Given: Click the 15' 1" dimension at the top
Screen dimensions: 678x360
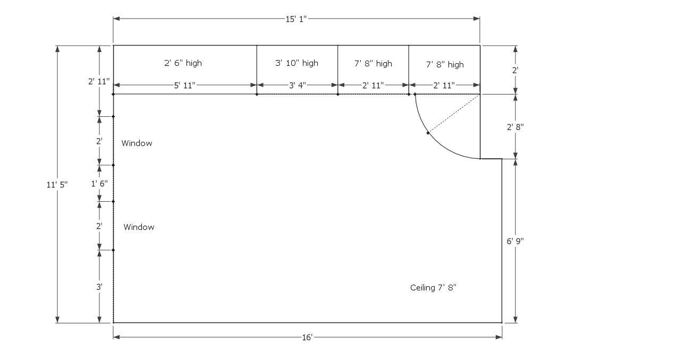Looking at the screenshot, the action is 296,19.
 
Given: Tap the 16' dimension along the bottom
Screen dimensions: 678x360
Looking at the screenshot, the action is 307,337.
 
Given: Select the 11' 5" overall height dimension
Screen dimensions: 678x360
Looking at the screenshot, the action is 57,185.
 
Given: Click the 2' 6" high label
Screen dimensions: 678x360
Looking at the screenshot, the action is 183,63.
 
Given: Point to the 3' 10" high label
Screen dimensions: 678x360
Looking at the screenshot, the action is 296,63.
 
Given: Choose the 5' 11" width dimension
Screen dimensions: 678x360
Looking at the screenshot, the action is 184,85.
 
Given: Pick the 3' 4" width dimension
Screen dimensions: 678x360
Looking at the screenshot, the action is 297,85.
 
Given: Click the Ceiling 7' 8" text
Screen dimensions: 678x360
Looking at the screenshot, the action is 433,287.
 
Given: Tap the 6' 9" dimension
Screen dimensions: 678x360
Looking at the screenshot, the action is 515,241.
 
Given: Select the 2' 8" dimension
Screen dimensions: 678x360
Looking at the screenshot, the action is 515,127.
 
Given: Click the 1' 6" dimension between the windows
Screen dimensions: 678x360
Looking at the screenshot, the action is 99,184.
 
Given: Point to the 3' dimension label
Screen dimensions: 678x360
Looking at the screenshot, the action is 99,287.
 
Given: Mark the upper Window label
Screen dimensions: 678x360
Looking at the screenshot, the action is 137,143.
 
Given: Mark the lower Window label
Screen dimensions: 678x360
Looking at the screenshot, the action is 139,227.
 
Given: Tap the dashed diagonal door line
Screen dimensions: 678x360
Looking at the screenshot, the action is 454,114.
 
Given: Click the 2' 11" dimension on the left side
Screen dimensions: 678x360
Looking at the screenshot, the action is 99,81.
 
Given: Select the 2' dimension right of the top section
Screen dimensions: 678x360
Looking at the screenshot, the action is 515,70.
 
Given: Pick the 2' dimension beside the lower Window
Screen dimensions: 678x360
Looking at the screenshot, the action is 99,226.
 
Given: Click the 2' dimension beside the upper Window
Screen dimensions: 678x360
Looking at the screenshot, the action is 99,141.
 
